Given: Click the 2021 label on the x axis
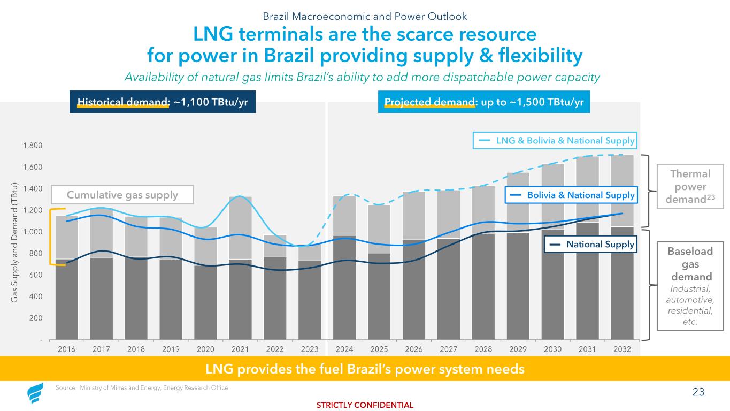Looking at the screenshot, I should point(240,349).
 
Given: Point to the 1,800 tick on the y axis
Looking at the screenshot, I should point(35,146).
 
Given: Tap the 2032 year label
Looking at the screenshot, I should point(622,349).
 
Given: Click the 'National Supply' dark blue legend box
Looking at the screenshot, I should point(590,245).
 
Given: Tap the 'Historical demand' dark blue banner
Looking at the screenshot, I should point(163,102).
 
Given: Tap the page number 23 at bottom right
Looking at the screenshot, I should point(698,392).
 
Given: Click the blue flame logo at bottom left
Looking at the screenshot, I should point(36,394).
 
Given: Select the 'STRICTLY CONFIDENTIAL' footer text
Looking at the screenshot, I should point(365,405).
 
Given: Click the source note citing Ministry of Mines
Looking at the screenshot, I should point(142,388).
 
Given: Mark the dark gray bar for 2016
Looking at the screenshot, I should point(67,300).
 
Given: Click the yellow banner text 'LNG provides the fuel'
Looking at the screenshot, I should point(365,369).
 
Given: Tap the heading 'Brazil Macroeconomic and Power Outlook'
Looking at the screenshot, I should point(365,16).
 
